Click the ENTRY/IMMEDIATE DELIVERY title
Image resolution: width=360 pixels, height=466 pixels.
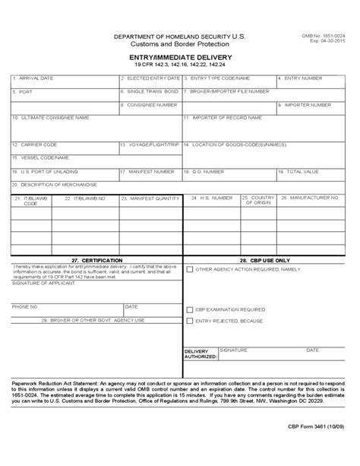[x=179, y=57]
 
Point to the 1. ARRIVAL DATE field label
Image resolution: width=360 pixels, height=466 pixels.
[x=32, y=78]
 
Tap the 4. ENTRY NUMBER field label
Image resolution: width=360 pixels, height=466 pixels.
[x=302, y=78]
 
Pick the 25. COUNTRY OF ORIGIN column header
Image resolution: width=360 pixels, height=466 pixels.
[x=257, y=200]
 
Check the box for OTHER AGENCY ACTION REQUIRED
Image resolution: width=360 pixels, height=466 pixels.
[x=190, y=269]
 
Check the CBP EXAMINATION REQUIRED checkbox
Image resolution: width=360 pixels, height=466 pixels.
[x=190, y=309]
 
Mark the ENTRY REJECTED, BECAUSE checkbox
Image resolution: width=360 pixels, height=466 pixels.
[x=190, y=322]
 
